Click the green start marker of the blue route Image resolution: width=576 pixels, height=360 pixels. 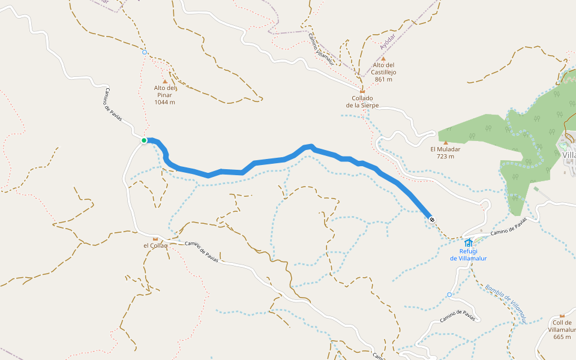point(144,140)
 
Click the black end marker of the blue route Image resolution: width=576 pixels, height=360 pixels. point(432,219)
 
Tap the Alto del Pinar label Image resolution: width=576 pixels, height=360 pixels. point(165,91)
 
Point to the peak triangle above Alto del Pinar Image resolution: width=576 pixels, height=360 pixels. point(165,82)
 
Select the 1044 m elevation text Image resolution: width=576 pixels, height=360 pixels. point(165,102)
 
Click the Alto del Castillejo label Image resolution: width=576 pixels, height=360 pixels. point(384,68)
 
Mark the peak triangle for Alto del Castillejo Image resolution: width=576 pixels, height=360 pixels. point(383,58)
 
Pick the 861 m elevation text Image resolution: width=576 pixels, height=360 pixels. point(383,79)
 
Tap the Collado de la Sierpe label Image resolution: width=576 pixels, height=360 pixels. point(362,101)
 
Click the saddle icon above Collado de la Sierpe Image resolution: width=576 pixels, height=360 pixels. point(362,91)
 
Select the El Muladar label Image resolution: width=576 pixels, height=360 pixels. point(445,149)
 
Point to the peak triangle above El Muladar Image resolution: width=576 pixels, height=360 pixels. point(445,142)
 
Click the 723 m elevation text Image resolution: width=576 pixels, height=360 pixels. point(445,157)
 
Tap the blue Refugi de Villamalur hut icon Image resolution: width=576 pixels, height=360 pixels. point(469,242)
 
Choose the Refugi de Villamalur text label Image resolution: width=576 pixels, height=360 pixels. point(469,255)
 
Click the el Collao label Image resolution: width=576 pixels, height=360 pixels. point(155,245)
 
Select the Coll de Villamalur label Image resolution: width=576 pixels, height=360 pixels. point(562,326)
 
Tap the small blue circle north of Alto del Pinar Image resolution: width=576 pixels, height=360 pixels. point(145,52)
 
